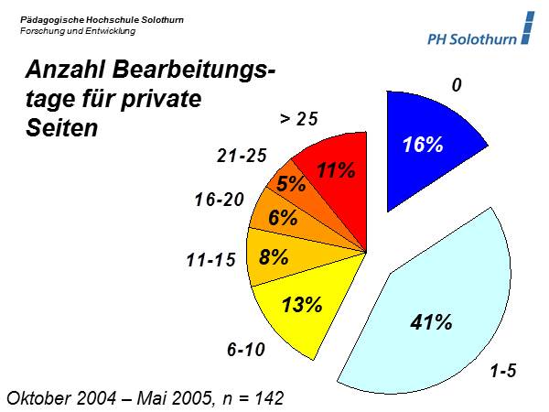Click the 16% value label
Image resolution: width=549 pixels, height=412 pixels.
(423, 145)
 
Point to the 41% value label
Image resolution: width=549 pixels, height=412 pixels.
(431, 321)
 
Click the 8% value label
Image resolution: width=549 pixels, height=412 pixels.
(274, 256)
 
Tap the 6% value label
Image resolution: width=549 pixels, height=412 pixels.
(284, 218)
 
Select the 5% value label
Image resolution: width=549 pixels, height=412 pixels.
(292, 184)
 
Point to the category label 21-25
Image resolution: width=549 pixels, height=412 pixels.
(242, 156)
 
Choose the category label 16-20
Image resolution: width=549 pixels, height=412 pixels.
(220, 199)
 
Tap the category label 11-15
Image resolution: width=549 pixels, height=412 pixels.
(211, 261)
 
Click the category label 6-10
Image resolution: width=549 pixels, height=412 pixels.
(246, 349)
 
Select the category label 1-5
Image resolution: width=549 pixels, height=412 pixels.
(503, 372)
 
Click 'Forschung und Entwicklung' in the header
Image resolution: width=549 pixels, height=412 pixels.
(78, 31)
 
